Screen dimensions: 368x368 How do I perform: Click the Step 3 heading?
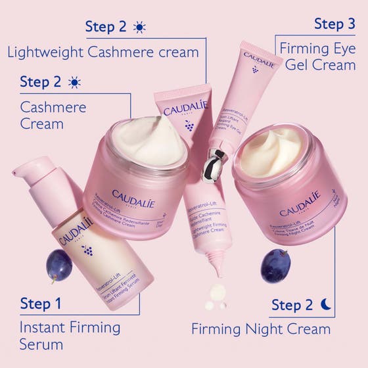[x=334, y=24]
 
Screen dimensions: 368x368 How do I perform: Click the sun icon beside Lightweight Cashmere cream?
[x=139, y=27]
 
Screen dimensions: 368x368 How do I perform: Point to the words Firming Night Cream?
[x=260, y=328]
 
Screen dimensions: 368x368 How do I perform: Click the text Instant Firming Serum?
[x=70, y=335]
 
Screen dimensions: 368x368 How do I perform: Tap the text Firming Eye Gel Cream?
[x=317, y=56]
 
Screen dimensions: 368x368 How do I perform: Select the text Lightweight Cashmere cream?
[x=103, y=52]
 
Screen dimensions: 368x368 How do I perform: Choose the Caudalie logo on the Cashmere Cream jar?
[x=133, y=195]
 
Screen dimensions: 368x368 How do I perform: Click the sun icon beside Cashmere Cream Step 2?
[x=74, y=82]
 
